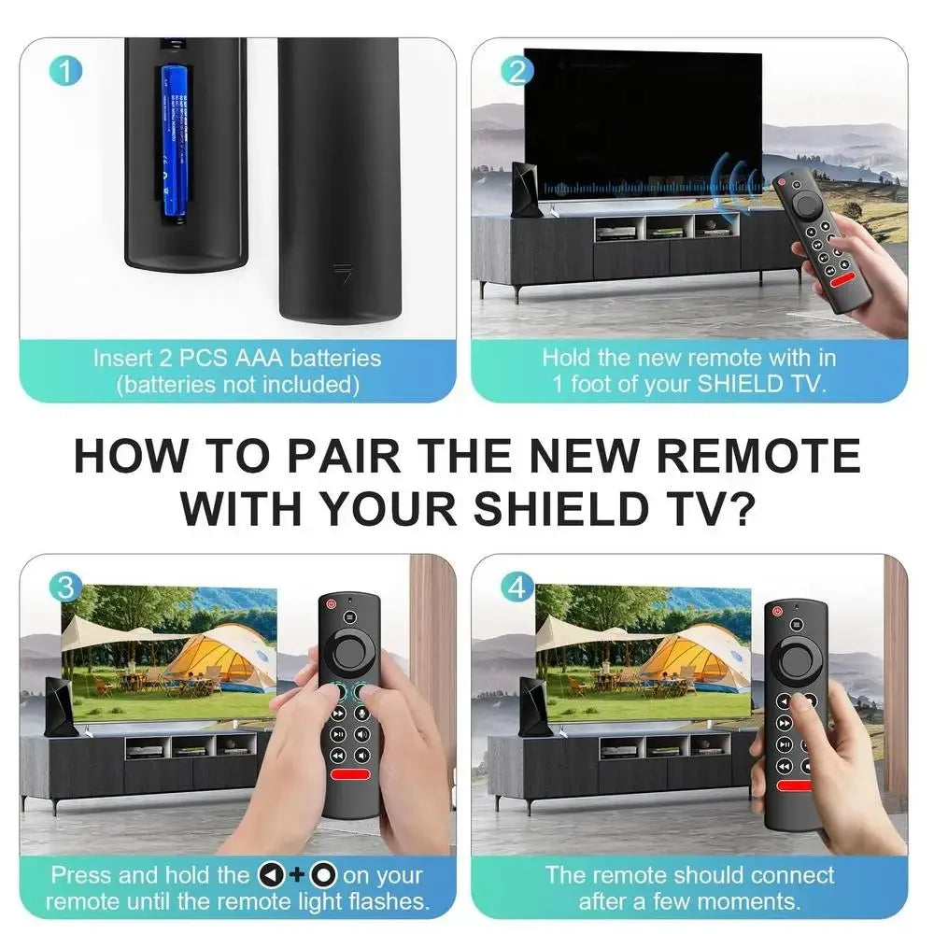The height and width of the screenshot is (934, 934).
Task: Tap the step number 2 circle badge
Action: [x=517, y=71]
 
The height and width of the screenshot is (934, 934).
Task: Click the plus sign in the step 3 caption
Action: [x=296, y=876]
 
